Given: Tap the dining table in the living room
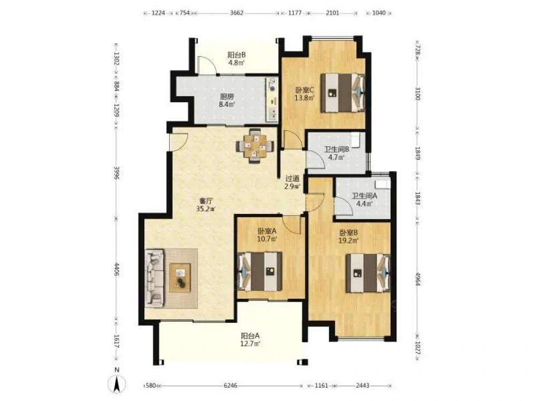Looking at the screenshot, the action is coord(255,146).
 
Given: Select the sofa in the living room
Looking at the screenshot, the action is coord(155,278).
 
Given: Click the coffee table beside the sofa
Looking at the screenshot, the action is coord(180,278).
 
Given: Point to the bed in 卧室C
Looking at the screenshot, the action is coord(342,92).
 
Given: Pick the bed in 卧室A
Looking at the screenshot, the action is coord(260,271).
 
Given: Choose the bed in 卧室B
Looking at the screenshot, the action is coord(369,273).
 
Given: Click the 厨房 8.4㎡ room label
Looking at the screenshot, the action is coord(226,101).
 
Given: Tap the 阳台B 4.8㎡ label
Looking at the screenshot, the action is coord(236,58).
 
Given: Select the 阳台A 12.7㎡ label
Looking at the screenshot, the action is coord(250,340).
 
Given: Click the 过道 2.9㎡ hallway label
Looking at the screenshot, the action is coord(293,182).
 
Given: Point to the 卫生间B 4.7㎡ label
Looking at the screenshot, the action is coord(336,153).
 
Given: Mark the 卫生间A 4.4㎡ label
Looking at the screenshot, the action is coord(364,200).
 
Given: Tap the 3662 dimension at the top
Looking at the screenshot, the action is coord(237,13).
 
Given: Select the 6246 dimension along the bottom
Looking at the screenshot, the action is coord(230,385).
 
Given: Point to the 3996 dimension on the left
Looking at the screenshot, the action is coord(116,174).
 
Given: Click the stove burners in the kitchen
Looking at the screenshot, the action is coord(273,85).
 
